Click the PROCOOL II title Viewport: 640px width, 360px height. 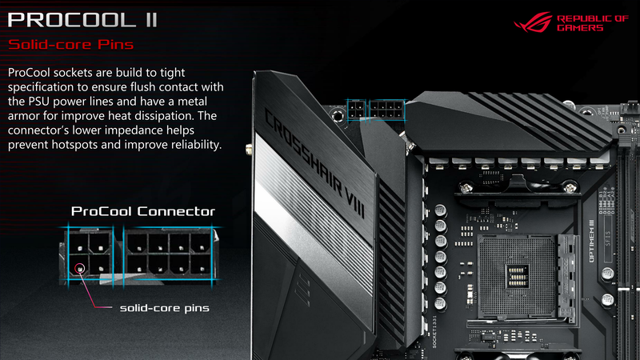tap(82, 20)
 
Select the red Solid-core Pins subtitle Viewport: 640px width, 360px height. tap(71, 45)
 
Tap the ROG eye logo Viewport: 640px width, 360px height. tap(533, 22)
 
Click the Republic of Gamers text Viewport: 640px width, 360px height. tap(593, 23)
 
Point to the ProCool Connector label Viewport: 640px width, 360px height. tap(143, 211)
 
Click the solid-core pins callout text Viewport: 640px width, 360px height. tap(165, 308)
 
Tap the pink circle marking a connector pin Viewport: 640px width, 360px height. tap(80, 268)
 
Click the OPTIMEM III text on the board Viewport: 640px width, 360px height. tap(592, 242)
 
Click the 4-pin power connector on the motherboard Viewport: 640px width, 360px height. tap(356, 110)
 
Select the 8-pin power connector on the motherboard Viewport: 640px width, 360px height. tap(386, 110)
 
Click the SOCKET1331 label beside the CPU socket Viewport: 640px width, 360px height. tap(434, 331)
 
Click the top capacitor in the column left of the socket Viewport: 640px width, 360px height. tap(440, 211)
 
